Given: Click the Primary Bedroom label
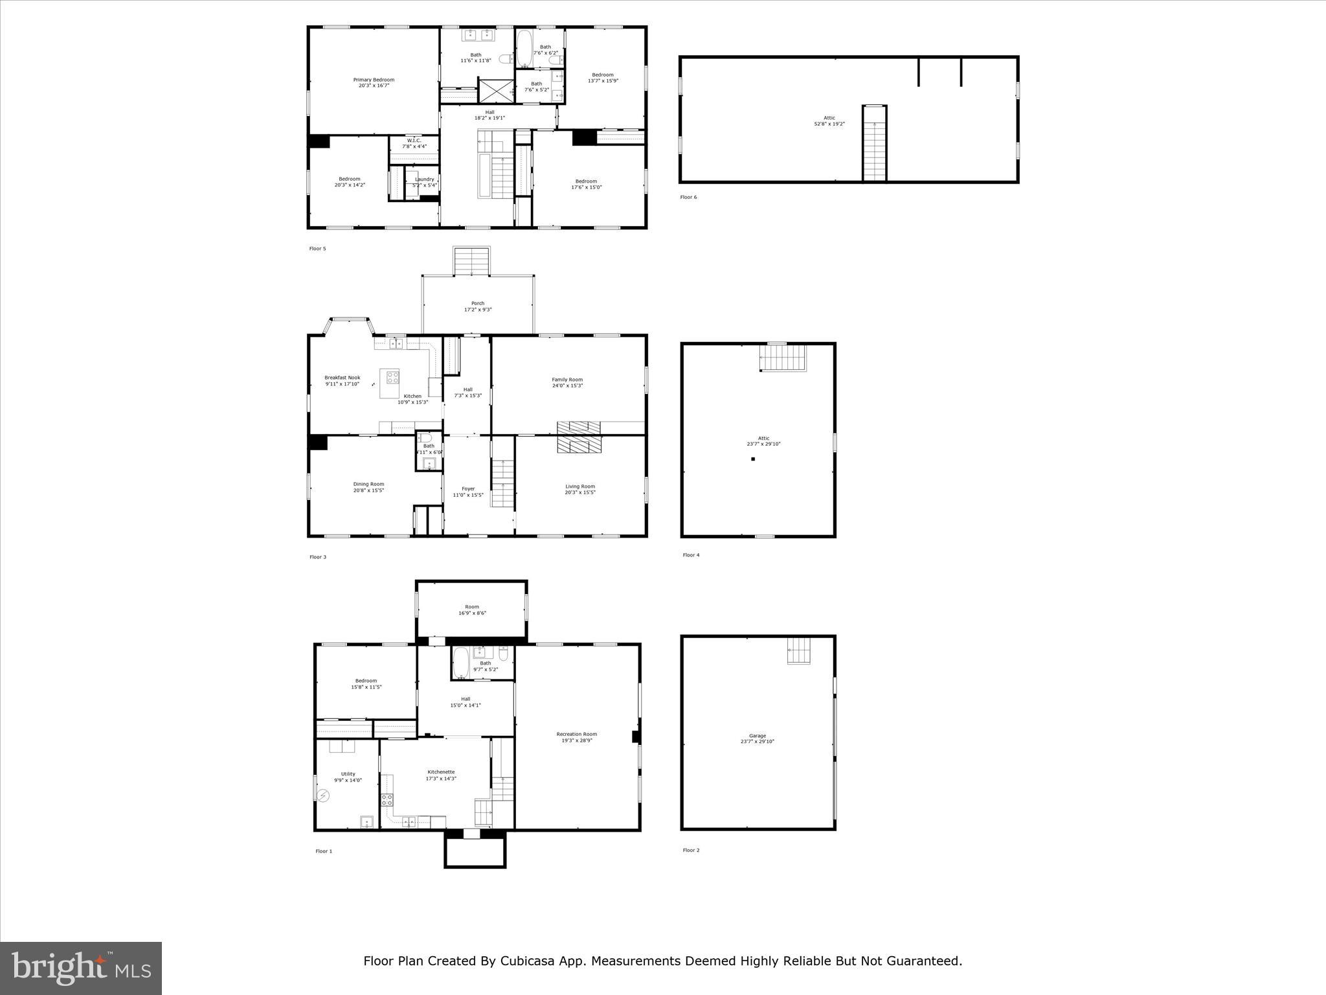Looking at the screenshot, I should click(x=374, y=83).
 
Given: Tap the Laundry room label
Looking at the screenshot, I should click(x=425, y=182).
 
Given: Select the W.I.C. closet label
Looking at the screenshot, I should click(x=414, y=143).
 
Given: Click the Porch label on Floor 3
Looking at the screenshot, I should click(x=478, y=306).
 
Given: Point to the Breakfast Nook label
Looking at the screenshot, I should click(x=342, y=381).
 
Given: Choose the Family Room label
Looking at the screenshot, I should click(x=567, y=382).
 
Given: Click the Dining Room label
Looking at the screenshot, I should click(x=368, y=487).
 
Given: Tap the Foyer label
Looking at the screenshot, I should click(x=467, y=492).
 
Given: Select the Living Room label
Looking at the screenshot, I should click(x=579, y=489).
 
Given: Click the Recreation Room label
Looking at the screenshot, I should click(x=576, y=737).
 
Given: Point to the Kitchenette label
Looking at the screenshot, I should click(x=441, y=775).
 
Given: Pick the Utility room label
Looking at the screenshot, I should click(x=348, y=777).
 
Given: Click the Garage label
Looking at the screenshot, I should click(x=757, y=738).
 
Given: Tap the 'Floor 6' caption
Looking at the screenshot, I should click(x=688, y=197).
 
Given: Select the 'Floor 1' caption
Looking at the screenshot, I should click(x=324, y=851).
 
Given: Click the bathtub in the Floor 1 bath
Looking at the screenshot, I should click(x=460, y=663).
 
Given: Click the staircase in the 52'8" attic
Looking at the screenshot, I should click(x=874, y=143).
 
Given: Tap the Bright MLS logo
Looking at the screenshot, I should click(x=81, y=968).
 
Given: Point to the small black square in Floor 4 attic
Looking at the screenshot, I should click(x=753, y=459).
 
